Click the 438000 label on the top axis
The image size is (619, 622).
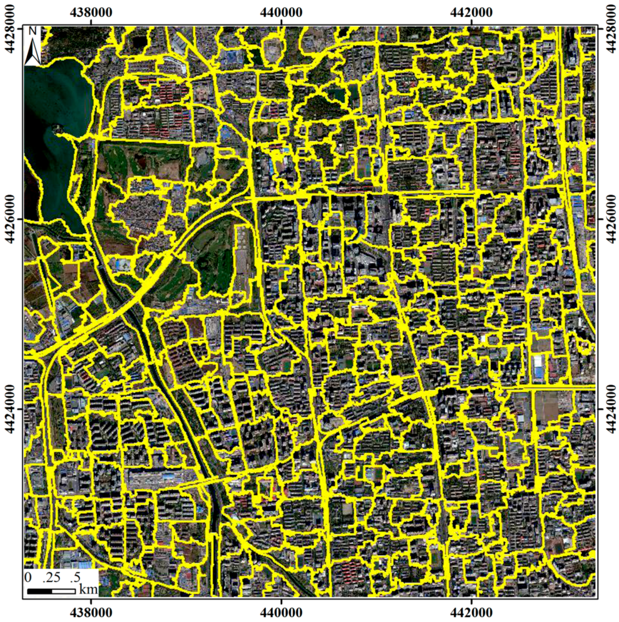[x=91, y=12]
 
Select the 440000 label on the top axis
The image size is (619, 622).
[x=281, y=12]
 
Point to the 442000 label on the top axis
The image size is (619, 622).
[x=471, y=12]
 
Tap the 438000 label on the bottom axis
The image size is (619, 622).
[x=91, y=612]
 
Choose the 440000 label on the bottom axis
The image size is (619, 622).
[x=281, y=612]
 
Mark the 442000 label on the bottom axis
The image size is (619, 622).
[x=471, y=612]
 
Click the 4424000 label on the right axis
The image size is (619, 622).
[x=610, y=409]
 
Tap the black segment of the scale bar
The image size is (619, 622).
[x=40, y=591]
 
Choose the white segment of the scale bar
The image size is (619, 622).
[x=63, y=591]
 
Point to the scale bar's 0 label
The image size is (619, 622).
[x=28, y=577]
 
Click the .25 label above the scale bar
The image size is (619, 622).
[x=51, y=577]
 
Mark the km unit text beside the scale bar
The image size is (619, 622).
[x=88, y=589]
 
